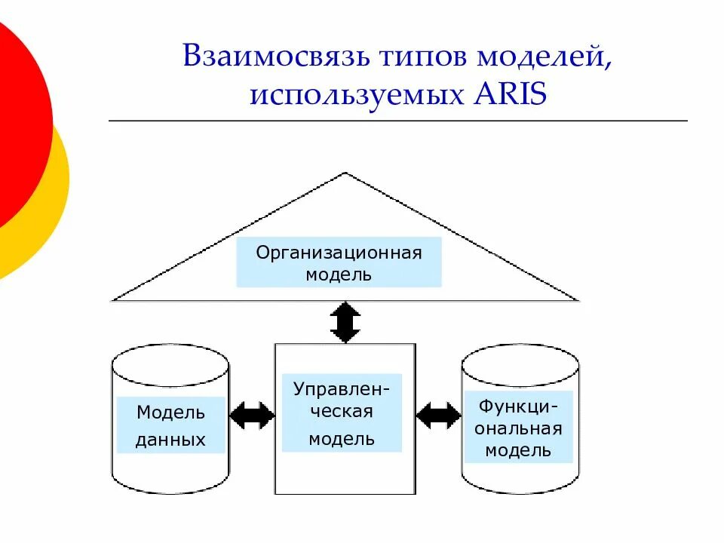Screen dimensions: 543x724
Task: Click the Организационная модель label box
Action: coord(339,262)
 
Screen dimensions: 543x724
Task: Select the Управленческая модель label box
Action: coord(342,413)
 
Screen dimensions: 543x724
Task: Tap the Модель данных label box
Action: coord(171,425)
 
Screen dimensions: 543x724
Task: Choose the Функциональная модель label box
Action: coord(518,428)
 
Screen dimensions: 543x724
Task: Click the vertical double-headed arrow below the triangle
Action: coord(345,323)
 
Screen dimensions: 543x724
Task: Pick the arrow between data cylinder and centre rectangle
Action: coord(252,415)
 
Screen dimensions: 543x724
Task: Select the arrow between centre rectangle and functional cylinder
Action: coord(438,415)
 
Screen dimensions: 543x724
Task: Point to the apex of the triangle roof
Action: coord(345,174)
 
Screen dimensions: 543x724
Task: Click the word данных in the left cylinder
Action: coord(170,440)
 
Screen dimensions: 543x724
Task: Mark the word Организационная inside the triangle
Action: coord(339,252)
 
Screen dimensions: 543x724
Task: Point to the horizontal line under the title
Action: coord(398,121)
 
